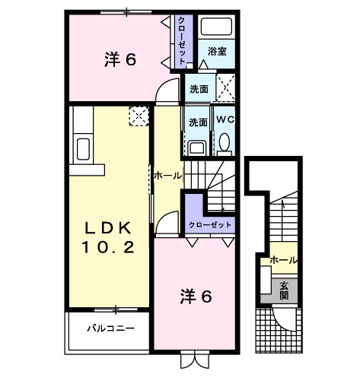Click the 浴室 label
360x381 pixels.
coord(217,52)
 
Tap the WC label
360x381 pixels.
coord(225,119)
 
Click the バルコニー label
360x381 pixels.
coord(110,329)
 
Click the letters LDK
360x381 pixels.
coord(109,227)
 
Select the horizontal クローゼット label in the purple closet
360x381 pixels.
coord(211,224)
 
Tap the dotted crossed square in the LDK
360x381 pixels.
coord(139,116)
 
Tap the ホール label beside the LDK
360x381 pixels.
coord(167,175)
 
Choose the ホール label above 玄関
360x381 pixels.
coord(283,260)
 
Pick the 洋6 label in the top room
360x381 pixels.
coord(120,59)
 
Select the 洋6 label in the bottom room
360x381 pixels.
coord(196,296)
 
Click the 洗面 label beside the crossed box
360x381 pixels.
coord(198,87)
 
